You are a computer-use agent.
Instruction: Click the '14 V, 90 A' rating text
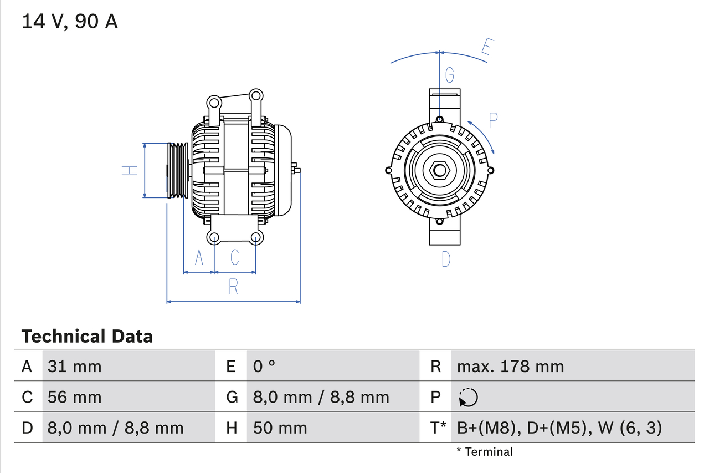[70, 22]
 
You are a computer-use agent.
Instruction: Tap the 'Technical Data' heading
[87, 337]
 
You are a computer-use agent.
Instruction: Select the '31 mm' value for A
[75, 367]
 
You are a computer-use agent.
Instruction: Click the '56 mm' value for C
[75, 397]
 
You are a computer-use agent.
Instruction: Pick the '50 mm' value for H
[280, 428]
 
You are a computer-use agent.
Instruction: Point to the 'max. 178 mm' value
[510, 367]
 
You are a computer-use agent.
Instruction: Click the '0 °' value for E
[264, 367]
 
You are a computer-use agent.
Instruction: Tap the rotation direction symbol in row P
[468, 398]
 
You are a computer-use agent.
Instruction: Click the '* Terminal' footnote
[485, 452]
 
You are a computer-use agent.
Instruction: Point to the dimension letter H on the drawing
[130, 170]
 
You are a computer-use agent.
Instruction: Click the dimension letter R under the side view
[233, 287]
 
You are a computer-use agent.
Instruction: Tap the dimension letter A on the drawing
[199, 257]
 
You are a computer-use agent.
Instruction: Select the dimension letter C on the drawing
[235, 257]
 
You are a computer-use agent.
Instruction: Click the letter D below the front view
[446, 259]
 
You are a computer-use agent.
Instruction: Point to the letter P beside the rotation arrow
[493, 119]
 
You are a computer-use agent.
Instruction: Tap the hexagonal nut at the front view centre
[440, 170]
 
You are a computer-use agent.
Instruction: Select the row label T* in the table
[439, 428]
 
